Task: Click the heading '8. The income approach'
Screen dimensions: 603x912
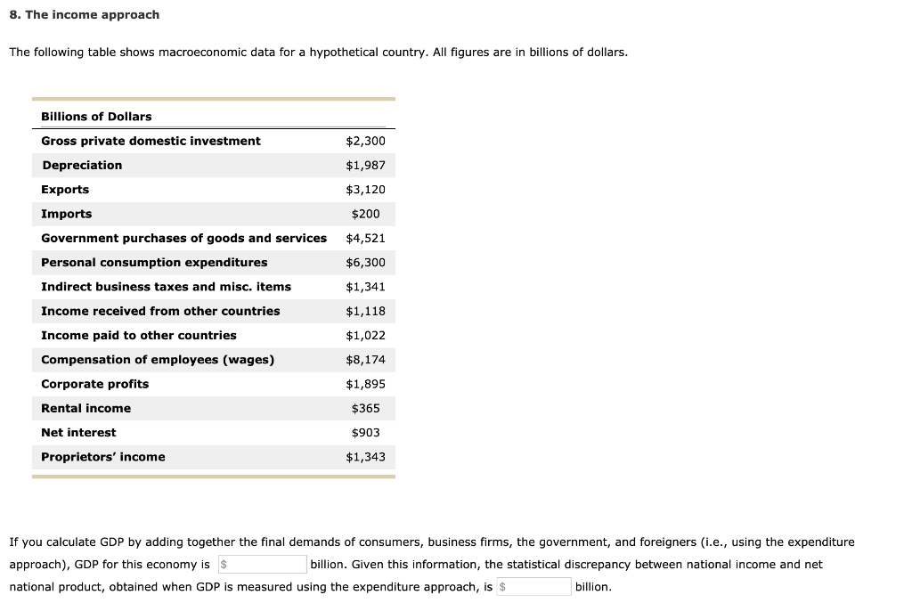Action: coord(85,15)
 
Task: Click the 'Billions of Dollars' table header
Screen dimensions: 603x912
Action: coord(96,117)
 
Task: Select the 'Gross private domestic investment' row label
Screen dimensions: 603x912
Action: coord(151,141)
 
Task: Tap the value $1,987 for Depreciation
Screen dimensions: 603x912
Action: coord(365,166)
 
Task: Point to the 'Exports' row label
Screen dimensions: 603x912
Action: coord(65,190)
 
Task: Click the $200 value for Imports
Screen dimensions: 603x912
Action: coord(365,214)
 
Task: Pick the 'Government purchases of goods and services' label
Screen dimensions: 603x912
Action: coord(183,238)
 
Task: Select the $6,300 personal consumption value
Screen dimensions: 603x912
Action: coord(365,263)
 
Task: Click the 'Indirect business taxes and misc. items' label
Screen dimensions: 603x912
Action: coord(166,287)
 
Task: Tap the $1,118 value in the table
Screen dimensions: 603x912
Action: coord(365,311)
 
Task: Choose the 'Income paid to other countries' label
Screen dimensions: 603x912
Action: coord(139,336)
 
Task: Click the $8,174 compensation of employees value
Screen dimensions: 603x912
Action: coord(365,360)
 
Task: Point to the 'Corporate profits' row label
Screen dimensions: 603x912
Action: coord(95,384)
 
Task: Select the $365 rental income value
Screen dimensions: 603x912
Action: coord(365,408)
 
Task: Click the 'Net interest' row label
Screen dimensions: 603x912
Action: coord(78,433)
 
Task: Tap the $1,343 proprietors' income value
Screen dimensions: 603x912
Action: coord(365,457)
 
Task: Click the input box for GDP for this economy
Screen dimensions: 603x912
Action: coord(263,564)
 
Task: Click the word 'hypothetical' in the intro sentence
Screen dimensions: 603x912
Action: coord(345,53)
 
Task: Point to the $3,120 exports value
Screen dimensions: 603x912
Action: coord(365,190)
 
